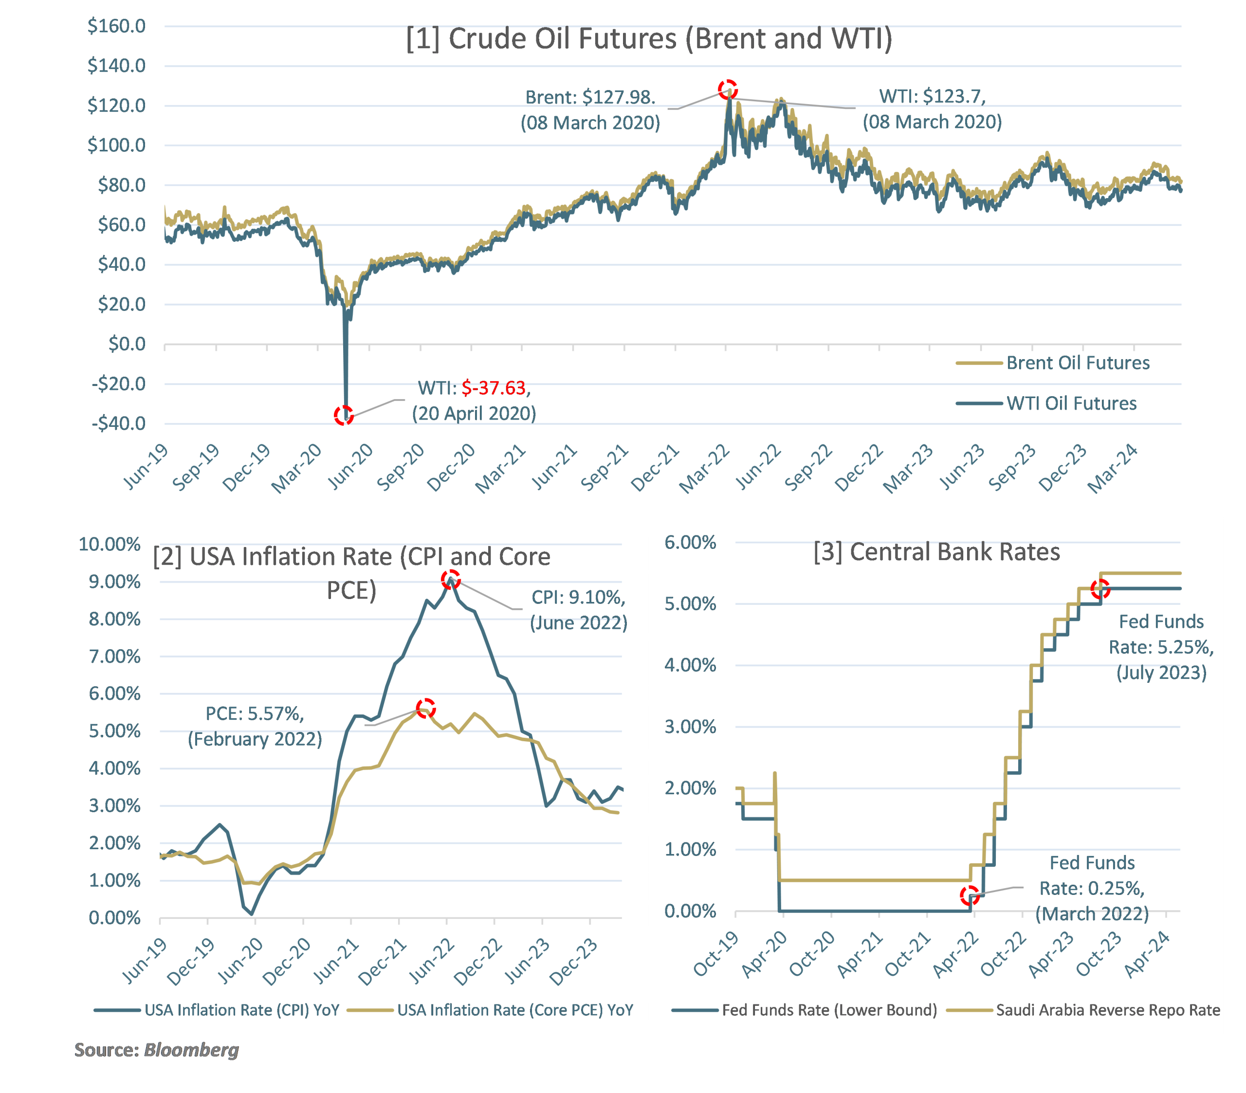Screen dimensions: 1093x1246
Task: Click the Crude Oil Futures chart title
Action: (x=649, y=39)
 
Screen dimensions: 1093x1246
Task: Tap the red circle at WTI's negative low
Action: (x=344, y=416)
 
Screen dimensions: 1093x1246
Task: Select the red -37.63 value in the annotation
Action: (x=493, y=388)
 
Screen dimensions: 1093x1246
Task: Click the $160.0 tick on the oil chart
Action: (x=116, y=26)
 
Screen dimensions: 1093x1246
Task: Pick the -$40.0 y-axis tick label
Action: (x=118, y=423)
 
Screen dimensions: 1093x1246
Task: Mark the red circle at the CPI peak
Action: (x=451, y=579)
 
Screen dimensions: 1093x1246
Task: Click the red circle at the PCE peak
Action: (x=425, y=708)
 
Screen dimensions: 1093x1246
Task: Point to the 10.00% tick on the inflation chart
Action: (x=110, y=545)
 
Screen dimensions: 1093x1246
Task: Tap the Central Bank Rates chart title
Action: (x=936, y=552)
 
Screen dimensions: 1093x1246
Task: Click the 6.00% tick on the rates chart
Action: (x=690, y=543)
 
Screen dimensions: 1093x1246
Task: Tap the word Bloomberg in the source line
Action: (x=191, y=1050)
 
